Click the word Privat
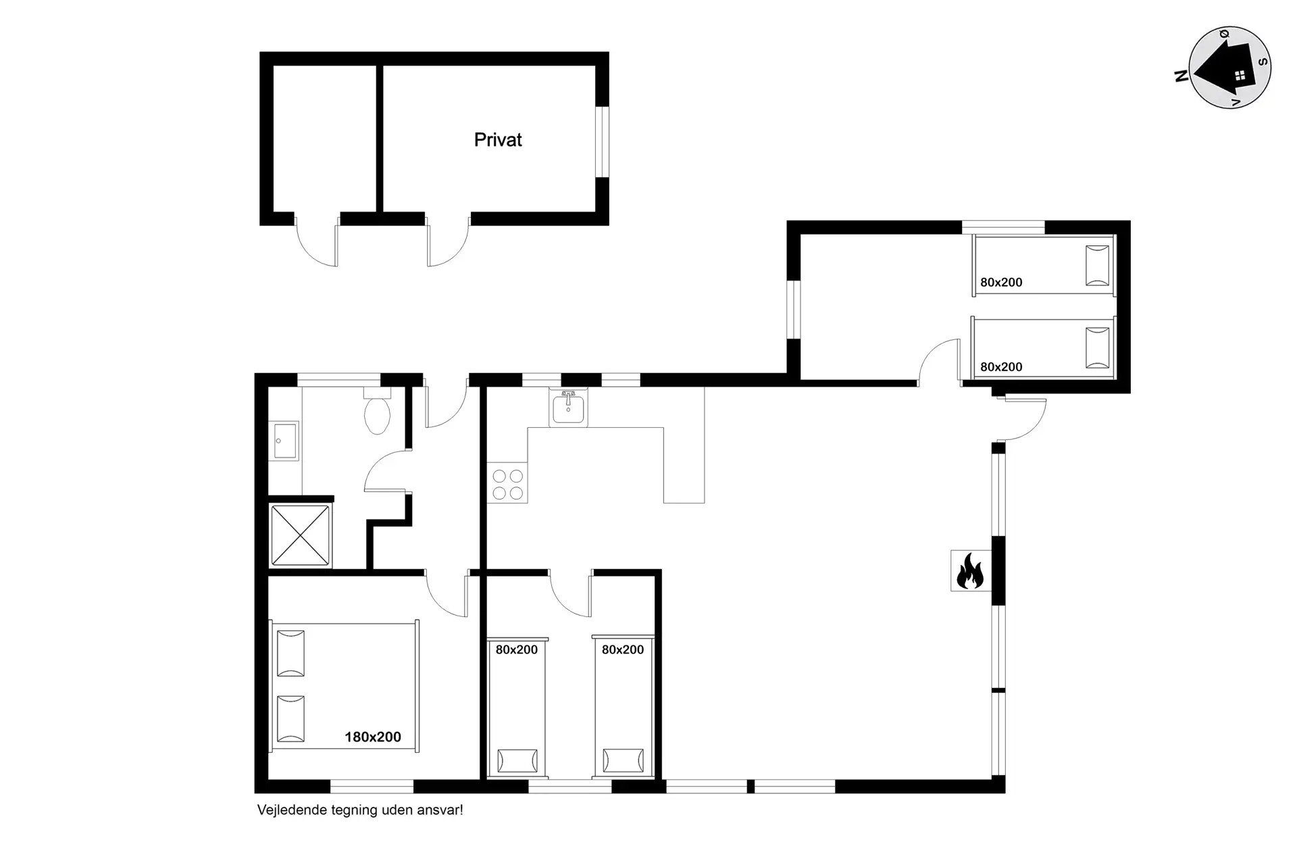click(x=498, y=140)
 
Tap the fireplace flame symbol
click(x=970, y=571)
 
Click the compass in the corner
click(x=1229, y=68)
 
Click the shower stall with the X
click(x=301, y=535)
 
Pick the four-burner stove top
click(x=507, y=483)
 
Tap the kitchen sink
click(x=568, y=407)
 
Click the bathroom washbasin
click(x=284, y=441)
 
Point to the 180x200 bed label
click(x=373, y=737)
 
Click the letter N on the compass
click(x=1181, y=76)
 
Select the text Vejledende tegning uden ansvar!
click(x=360, y=810)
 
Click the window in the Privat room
click(x=602, y=142)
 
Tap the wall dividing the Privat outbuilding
click(x=380, y=139)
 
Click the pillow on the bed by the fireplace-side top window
click(x=1097, y=266)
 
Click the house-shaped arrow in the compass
click(x=1225, y=67)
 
